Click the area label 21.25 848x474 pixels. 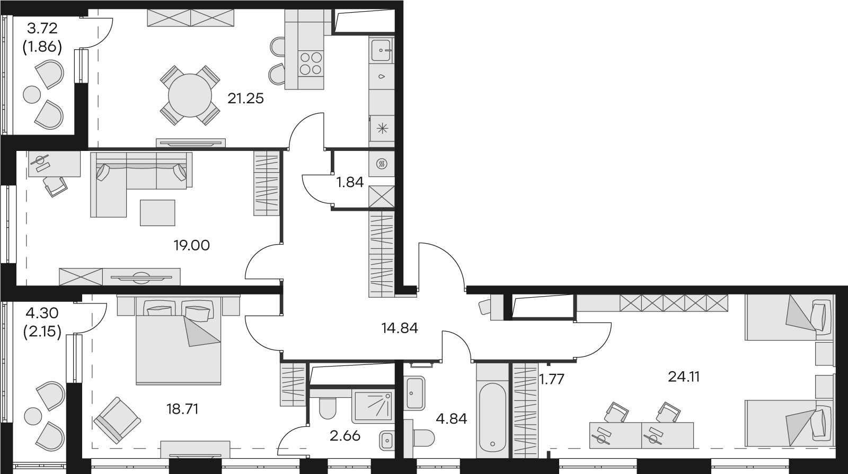(245, 99)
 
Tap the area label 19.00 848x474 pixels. (191, 245)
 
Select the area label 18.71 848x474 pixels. (182, 409)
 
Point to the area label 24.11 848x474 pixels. (683, 377)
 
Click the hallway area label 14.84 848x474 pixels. (400, 328)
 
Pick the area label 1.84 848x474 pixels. (350, 182)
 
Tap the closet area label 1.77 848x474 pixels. (551, 379)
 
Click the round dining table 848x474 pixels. (190, 95)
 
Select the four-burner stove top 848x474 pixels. (311, 63)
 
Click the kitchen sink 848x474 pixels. (381, 51)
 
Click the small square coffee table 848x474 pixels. (157, 212)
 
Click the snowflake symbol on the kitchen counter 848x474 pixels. (382, 128)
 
